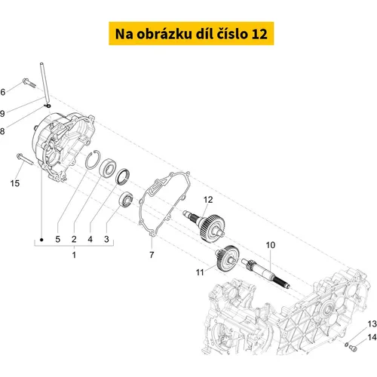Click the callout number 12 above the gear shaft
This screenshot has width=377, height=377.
[208, 200]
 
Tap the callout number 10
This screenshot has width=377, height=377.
[271, 245]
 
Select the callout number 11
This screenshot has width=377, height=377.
[200, 272]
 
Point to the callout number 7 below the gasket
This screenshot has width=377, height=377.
[152, 255]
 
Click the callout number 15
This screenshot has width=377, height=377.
[15, 183]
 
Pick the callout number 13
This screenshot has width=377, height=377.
[372, 324]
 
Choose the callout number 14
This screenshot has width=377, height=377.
[372, 337]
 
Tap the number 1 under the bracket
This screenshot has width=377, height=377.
[74, 255]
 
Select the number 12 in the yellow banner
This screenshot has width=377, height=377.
[259, 34]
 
